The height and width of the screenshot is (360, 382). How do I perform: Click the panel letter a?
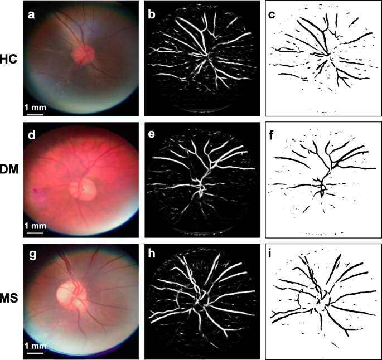(33, 15)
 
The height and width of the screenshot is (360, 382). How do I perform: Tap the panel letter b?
(152, 15)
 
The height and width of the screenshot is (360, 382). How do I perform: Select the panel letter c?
(272, 15)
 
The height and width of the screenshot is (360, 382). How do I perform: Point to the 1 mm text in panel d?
(35, 227)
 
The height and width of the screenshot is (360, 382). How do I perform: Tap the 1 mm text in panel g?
(35, 346)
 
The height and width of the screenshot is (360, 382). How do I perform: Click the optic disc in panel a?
(84, 54)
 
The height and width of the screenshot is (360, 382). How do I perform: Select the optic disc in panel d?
(84, 188)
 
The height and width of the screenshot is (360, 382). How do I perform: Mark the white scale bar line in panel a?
(35, 114)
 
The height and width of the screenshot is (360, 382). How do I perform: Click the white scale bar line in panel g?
(35, 352)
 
